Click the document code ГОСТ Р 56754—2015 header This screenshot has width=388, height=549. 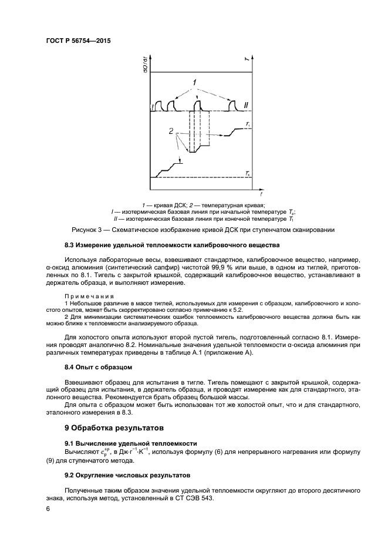pos(77,41)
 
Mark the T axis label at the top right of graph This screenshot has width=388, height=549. pos(247,58)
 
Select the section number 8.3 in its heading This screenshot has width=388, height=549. pos(70,244)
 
